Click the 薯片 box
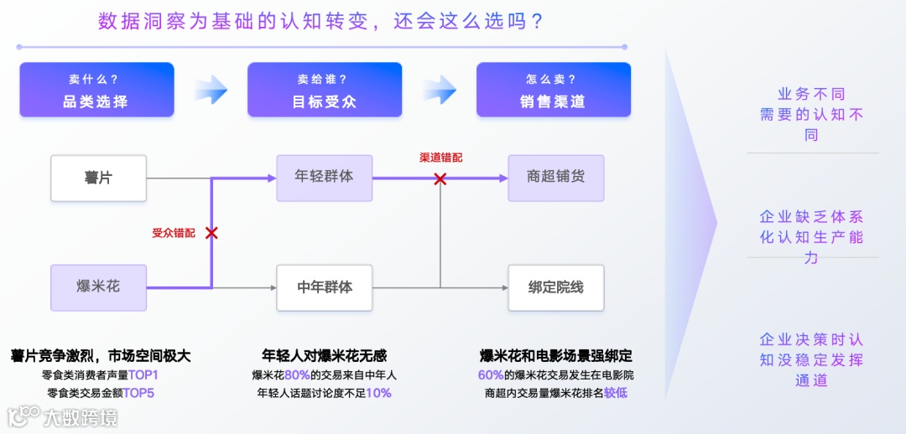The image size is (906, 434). (98, 178)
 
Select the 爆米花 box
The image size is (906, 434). (98, 287)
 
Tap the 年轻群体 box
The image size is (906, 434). (325, 178)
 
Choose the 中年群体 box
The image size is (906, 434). (325, 287)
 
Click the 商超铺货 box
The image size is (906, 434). (555, 178)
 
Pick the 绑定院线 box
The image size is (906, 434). (555, 287)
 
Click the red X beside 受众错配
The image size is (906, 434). (211, 233)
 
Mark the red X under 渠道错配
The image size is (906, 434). (440, 178)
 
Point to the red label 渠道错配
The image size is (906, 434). (440, 158)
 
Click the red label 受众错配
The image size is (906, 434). (174, 233)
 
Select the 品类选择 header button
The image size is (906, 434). (96, 90)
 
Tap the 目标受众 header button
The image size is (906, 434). (325, 90)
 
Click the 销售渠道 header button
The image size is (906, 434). (553, 90)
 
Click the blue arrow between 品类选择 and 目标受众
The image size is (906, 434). (211, 89)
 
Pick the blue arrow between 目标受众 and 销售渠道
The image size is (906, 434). (440, 89)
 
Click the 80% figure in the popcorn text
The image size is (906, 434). (297, 375)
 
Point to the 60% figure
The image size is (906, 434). (491, 375)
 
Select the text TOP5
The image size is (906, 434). (139, 393)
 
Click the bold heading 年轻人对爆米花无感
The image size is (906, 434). (325, 356)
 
